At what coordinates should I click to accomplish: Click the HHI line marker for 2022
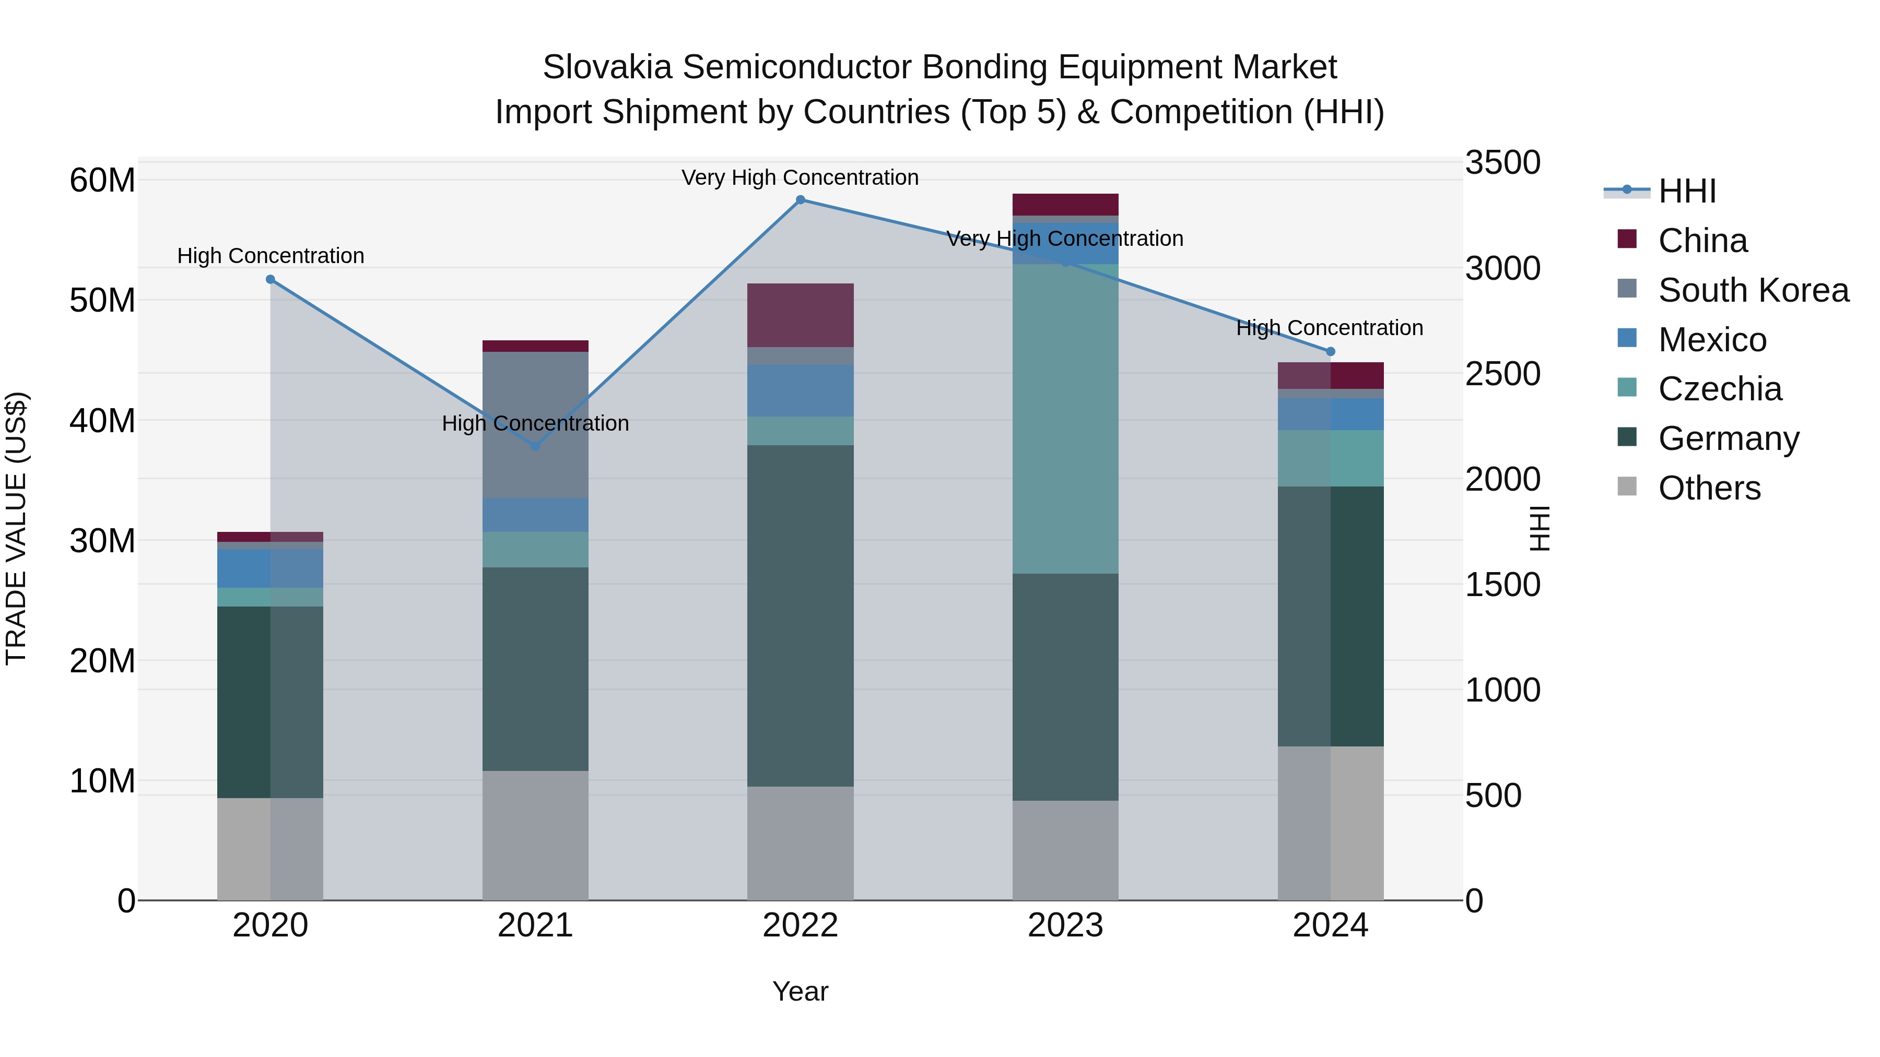coord(800,200)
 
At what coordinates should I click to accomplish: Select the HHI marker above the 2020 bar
coord(270,279)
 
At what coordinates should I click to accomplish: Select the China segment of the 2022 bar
coord(800,315)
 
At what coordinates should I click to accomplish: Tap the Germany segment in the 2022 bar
coord(800,616)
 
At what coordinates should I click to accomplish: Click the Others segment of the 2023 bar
coord(1065,851)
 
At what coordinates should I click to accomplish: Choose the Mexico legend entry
coord(1711,340)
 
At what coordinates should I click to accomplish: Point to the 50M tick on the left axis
coord(102,301)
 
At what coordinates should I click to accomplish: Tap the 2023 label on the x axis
coord(1065,925)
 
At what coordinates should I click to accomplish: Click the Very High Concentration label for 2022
coord(800,177)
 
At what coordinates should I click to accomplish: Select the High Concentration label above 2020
coord(270,256)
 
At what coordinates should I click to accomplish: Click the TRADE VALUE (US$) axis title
coord(16,528)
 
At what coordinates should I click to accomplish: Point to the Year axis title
coord(800,991)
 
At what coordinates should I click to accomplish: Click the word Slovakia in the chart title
coord(606,67)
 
